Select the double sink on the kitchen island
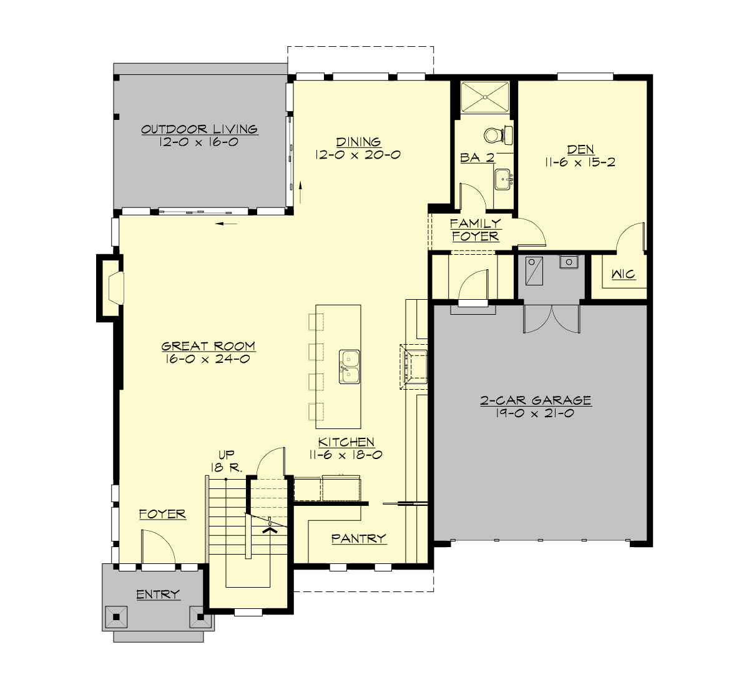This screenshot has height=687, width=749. (350, 367)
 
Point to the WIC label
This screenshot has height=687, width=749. (624, 275)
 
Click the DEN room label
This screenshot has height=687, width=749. (580, 149)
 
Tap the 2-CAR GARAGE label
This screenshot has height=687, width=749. (536, 400)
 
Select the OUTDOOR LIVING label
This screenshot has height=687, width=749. (199, 129)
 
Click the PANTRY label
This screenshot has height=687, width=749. (358, 538)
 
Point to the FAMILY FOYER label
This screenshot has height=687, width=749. (476, 230)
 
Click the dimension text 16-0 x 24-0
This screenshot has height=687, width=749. (208, 359)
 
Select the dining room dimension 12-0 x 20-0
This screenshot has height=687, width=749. (358, 155)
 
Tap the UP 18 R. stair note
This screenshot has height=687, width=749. (226, 461)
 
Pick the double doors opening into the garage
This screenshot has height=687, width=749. (552, 320)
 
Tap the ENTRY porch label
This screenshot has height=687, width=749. (158, 595)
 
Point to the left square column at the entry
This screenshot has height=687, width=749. (116, 617)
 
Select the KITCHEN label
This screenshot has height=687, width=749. (346, 442)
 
